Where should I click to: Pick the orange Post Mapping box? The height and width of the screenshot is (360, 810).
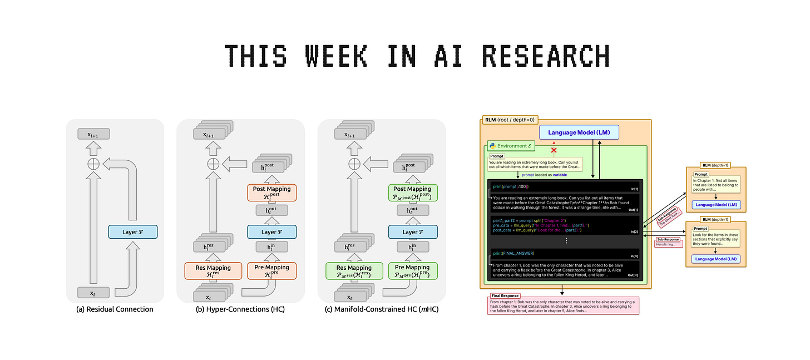point(271,193)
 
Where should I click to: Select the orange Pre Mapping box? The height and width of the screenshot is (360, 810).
point(271,271)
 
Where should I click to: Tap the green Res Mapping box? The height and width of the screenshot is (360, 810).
point(354,271)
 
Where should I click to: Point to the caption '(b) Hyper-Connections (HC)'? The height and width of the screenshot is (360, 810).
point(241,309)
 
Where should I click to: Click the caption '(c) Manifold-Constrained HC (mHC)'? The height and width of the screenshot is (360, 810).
point(381,309)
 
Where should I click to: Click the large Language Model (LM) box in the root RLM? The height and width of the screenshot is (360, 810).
point(579,132)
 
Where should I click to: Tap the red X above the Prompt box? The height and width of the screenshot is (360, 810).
point(553,151)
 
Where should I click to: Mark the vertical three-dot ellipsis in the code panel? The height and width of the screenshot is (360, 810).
point(566,241)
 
